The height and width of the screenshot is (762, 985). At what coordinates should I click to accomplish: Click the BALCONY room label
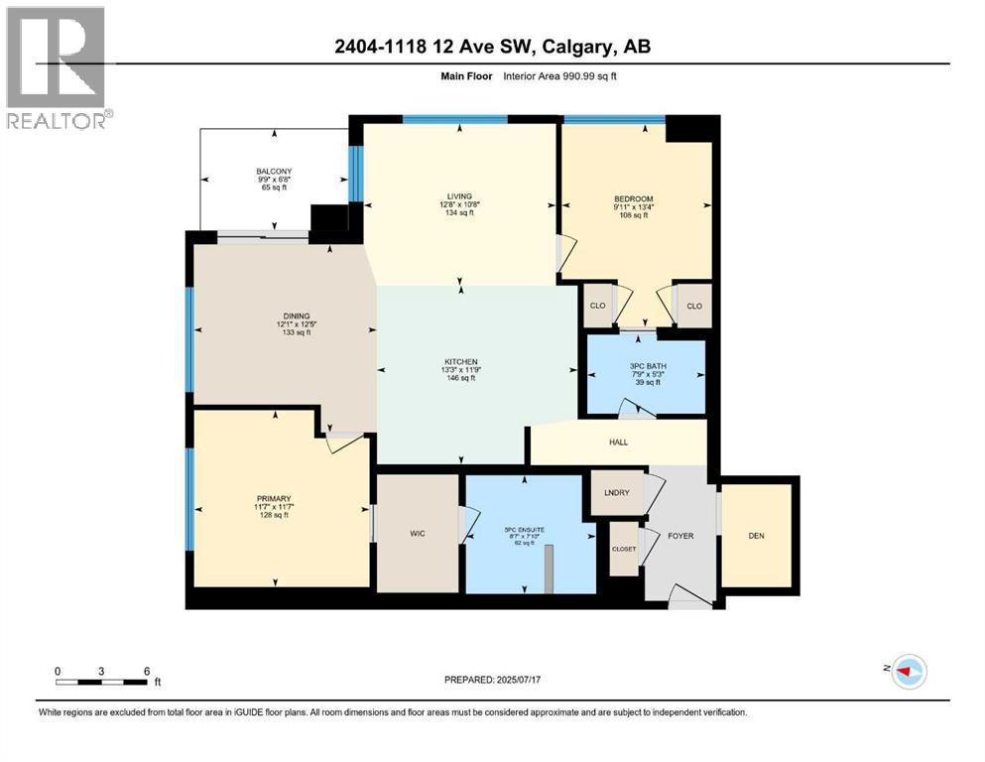click(274, 171)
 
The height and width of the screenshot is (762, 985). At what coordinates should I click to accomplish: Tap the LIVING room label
click(459, 195)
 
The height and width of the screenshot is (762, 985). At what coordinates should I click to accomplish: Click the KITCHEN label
click(461, 361)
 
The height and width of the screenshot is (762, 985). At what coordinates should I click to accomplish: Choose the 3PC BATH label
click(648, 366)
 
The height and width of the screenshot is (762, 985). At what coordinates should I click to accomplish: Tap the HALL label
click(617, 443)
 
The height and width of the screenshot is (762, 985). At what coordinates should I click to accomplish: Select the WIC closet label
click(418, 534)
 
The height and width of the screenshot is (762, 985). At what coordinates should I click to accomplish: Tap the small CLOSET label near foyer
click(624, 549)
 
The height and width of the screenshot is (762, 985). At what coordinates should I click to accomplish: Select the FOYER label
click(680, 536)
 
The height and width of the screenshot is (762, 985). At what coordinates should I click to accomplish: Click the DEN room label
click(756, 536)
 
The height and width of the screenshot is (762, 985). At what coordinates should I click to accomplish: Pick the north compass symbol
click(908, 672)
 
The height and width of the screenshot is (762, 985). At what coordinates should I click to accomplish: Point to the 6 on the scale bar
click(146, 671)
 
